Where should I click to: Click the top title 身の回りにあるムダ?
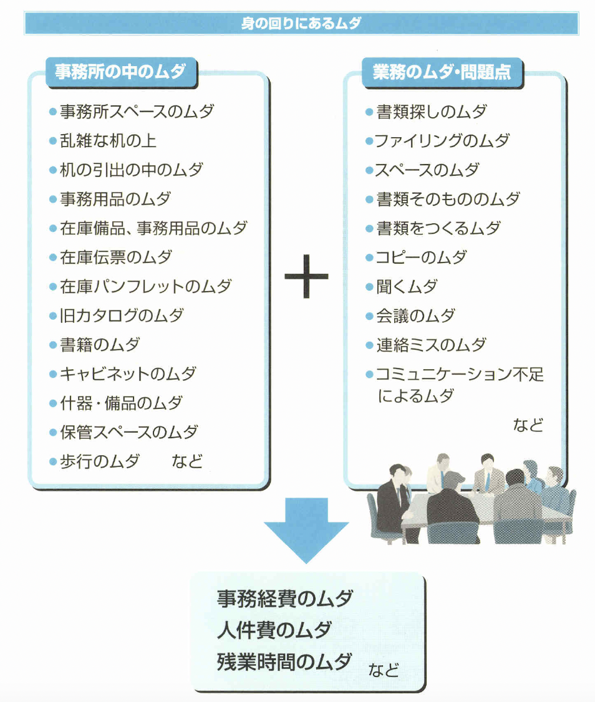301,24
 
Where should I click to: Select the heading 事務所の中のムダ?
120,72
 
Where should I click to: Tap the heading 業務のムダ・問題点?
442,72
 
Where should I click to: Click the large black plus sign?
306,275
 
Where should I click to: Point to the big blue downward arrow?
306,527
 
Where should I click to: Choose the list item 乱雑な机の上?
107,141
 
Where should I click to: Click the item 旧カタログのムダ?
122,315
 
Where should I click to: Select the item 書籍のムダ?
100,345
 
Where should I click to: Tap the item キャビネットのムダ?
128,374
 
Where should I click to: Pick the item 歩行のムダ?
100,461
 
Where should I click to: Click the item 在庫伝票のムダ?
116,257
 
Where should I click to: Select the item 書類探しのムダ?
431,112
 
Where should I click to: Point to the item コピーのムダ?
421,257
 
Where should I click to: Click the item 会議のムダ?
415,315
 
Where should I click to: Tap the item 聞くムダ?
407,287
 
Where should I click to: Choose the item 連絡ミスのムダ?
430,345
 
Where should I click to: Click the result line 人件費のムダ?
274,630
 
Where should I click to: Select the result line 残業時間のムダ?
284,661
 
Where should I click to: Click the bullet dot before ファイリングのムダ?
369,142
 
